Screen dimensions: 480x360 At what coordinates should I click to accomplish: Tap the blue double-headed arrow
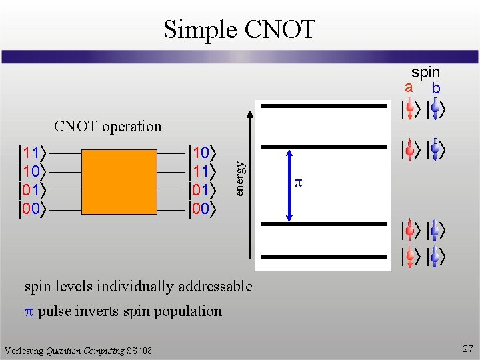[x=290, y=184]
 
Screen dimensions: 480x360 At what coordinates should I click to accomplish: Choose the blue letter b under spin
[x=435, y=88]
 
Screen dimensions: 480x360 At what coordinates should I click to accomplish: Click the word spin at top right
[x=425, y=72]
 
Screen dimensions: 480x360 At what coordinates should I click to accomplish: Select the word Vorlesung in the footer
[x=24, y=351]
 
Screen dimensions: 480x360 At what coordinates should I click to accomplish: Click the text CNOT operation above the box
[x=108, y=126]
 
